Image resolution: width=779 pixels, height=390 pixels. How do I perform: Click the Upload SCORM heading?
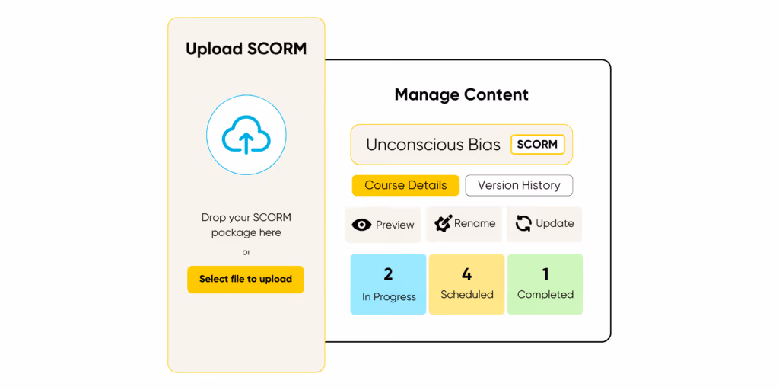[x=246, y=50]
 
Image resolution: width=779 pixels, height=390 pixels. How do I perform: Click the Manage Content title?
[x=461, y=95]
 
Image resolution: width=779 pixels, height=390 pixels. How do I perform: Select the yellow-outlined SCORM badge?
[x=537, y=144]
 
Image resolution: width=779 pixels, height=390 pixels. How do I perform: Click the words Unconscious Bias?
[x=433, y=145]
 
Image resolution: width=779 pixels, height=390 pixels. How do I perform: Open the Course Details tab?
[x=405, y=185]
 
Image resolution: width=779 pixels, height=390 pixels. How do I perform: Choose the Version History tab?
[x=519, y=185]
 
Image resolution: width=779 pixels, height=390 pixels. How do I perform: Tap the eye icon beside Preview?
[x=361, y=225]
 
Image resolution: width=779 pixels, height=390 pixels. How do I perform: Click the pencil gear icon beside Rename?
[x=443, y=224]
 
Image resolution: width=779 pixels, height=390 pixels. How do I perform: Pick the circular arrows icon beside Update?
[x=523, y=224]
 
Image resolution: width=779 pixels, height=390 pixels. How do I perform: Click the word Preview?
[x=395, y=225]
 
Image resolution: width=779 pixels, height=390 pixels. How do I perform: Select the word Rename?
[x=475, y=223]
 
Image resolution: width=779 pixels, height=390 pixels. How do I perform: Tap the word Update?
[x=555, y=223]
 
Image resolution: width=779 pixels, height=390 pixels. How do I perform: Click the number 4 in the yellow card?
[x=466, y=273]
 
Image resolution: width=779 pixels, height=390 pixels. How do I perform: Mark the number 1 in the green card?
[x=545, y=273]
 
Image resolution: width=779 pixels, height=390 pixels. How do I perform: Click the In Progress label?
[x=389, y=297]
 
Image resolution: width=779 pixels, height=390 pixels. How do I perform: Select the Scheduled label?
[x=467, y=295]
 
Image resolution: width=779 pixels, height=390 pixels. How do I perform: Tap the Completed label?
[x=545, y=295]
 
